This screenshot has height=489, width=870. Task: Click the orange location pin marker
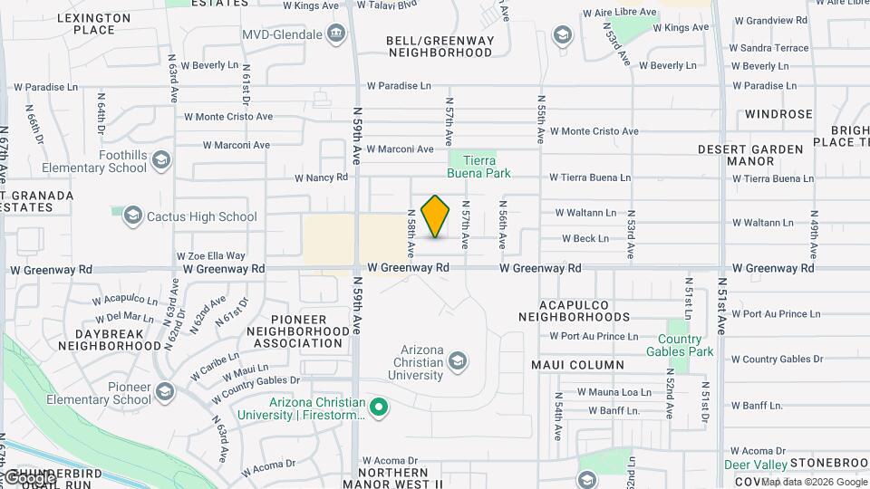click(436, 216)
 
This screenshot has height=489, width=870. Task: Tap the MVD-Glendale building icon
click(337, 34)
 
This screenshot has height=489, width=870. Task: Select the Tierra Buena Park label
click(479, 167)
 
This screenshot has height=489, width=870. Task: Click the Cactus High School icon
click(133, 216)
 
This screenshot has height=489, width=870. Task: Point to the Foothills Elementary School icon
click(161, 161)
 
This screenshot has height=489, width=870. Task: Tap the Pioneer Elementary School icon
click(165, 392)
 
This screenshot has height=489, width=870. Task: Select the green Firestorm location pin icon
click(380, 408)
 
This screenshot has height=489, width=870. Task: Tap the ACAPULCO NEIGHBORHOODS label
click(574, 311)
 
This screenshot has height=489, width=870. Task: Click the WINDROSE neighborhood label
click(778, 114)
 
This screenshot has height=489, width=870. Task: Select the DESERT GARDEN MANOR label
click(750, 155)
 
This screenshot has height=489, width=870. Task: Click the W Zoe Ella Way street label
click(210, 256)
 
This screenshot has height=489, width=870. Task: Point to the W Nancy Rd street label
click(321, 177)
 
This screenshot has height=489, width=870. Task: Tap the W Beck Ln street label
click(585, 239)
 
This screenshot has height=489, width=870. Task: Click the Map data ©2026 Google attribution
click(813, 481)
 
